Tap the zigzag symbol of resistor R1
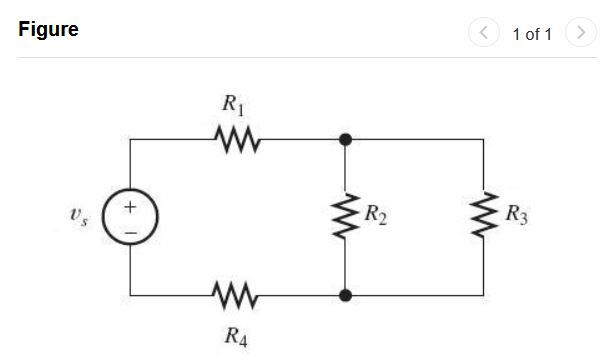[236, 139]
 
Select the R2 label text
[376, 214]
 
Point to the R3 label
[517, 214]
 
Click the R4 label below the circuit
[235, 334]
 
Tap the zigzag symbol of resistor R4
[236, 296]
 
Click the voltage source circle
[130, 218]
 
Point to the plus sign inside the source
[130, 207]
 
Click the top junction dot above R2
[345, 139]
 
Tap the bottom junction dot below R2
[345, 296]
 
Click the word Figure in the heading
[48, 30]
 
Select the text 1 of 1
[532, 34]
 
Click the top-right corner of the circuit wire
[484, 139]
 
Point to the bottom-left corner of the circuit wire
[130, 296]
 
